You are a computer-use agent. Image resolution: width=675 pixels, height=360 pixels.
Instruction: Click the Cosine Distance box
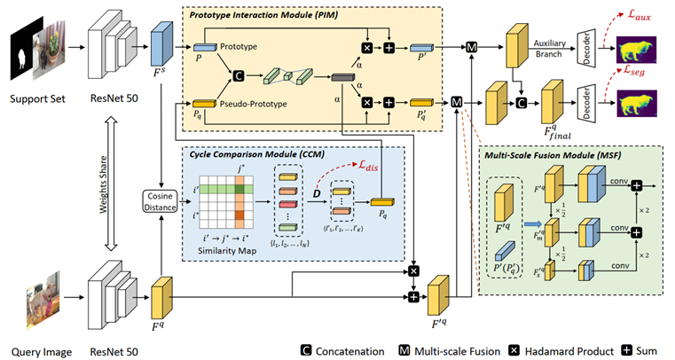pyautogui.click(x=161, y=202)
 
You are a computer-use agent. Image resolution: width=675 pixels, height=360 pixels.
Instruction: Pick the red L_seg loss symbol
pyautogui.click(x=640, y=67)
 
